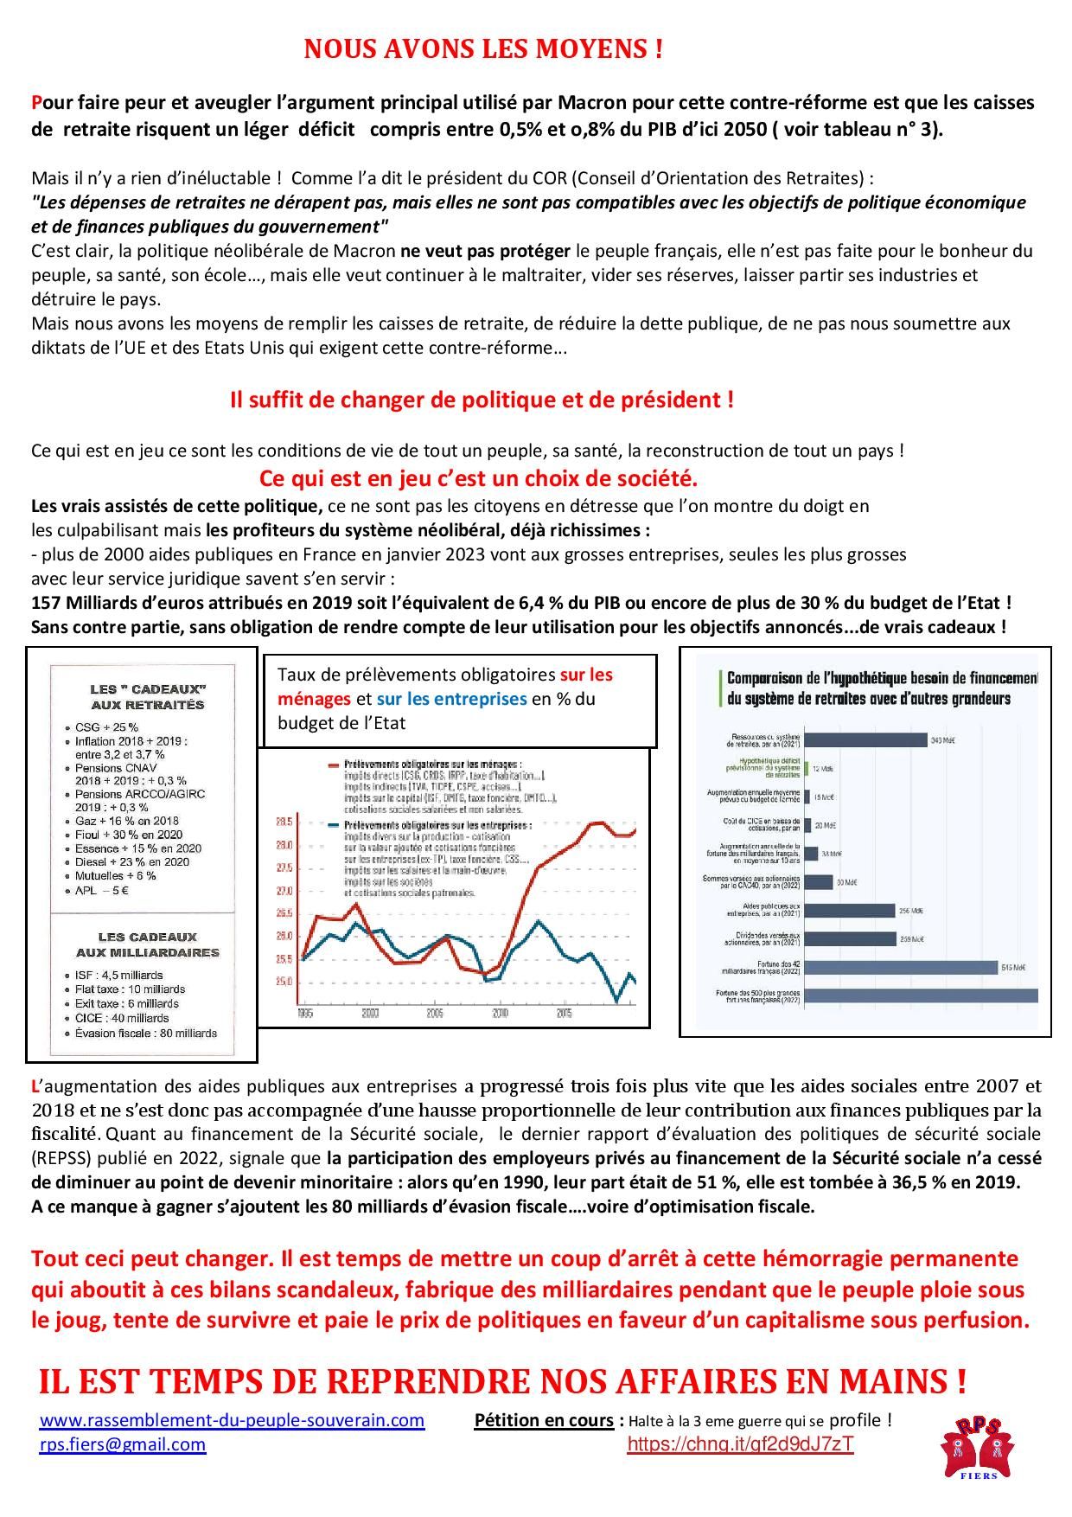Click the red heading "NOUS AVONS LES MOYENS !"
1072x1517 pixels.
point(483,49)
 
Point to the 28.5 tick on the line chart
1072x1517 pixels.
point(284,822)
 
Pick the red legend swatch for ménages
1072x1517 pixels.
point(334,765)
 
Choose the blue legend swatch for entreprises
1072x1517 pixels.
point(334,825)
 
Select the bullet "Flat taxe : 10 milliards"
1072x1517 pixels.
point(130,989)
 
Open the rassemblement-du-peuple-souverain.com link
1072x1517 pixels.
point(232,1420)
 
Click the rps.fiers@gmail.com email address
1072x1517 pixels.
point(123,1444)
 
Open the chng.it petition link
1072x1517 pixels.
point(740,1443)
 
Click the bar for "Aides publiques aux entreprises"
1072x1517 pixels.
point(849,911)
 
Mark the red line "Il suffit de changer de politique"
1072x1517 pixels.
point(482,400)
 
